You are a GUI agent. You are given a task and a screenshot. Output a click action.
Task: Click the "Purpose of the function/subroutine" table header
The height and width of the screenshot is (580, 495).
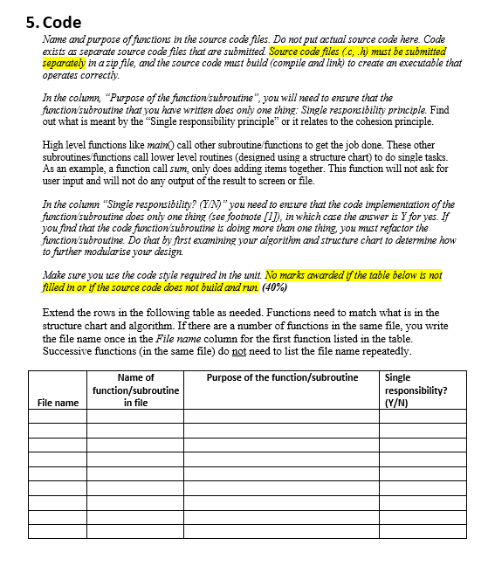coord(282,377)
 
